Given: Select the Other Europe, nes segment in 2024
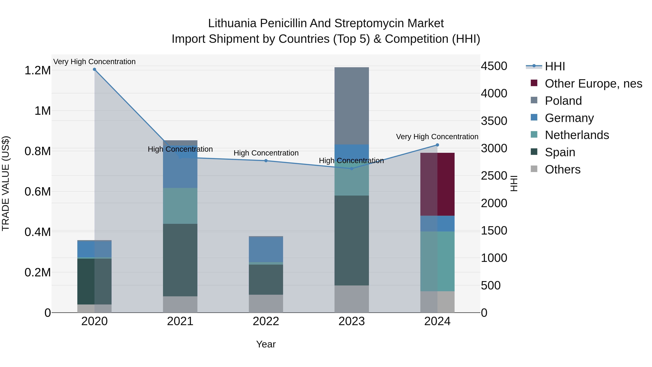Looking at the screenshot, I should [x=437, y=184].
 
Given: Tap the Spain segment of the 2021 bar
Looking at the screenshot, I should [x=180, y=260].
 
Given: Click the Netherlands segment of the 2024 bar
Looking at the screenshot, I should [x=437, y=261].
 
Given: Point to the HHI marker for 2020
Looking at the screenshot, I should [x=94, y=69].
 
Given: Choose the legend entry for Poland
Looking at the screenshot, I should [x=563, y=101].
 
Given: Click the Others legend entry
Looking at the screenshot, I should [x=562, y=169].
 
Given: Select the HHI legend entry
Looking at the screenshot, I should [x=555, y=66].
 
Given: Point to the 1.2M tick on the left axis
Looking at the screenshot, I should [x=37, y=71].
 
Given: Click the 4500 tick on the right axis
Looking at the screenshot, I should [x=494, y=66].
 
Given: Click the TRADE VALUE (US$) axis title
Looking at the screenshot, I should [x=6, y=183].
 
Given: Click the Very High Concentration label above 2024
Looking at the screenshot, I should [x=437, y=137].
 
